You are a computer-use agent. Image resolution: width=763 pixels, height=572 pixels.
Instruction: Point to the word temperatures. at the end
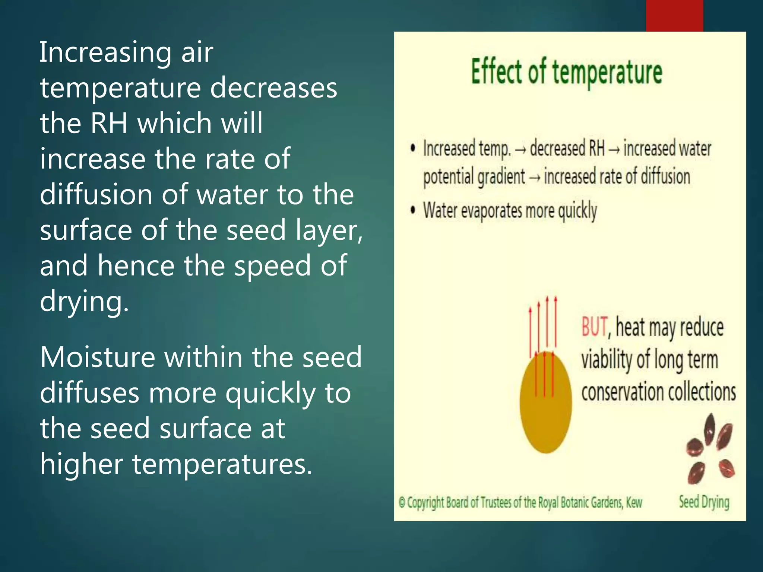pyautogui.click(x=222, y=464)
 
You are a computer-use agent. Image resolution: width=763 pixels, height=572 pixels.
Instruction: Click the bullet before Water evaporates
pyautogui.click(x=412, y=210)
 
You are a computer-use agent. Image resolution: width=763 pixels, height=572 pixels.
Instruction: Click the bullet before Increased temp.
pyautogui.click(x=412, y=148)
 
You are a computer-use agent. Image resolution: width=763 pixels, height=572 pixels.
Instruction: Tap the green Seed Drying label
pyautogui.click(x=704, y=502)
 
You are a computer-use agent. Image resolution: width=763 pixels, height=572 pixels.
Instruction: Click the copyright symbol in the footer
pyautogui.click(x=402, y=503)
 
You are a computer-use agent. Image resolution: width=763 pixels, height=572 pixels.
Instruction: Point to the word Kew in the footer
pyautogui.click(x=634, y=502)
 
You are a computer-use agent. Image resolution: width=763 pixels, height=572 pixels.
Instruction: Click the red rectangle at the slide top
pyautogui.click(x=674, y=16)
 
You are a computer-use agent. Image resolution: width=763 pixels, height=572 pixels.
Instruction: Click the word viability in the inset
pyautogui.click(x=607, y=360)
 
